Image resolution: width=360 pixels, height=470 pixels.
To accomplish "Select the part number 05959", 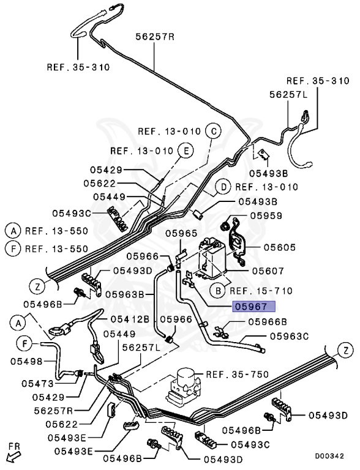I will click(x=266, y=215).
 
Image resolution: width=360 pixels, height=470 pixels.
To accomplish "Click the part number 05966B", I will click(x=267, y=321).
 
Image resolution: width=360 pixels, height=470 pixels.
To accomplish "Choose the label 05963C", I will click(x=290, y=336).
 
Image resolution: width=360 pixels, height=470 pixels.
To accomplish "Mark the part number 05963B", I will click(x=124, y=294).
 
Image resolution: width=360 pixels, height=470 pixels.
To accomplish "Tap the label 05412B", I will click(x=130, y=319).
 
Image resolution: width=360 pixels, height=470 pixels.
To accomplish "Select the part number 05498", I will click(x=24, y=361).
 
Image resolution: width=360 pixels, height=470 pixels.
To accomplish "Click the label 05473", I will click(x=37, y=384).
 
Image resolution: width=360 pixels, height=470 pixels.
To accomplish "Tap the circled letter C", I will click(x=212, y=131).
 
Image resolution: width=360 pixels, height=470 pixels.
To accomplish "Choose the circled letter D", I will click(x=223, y=187).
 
